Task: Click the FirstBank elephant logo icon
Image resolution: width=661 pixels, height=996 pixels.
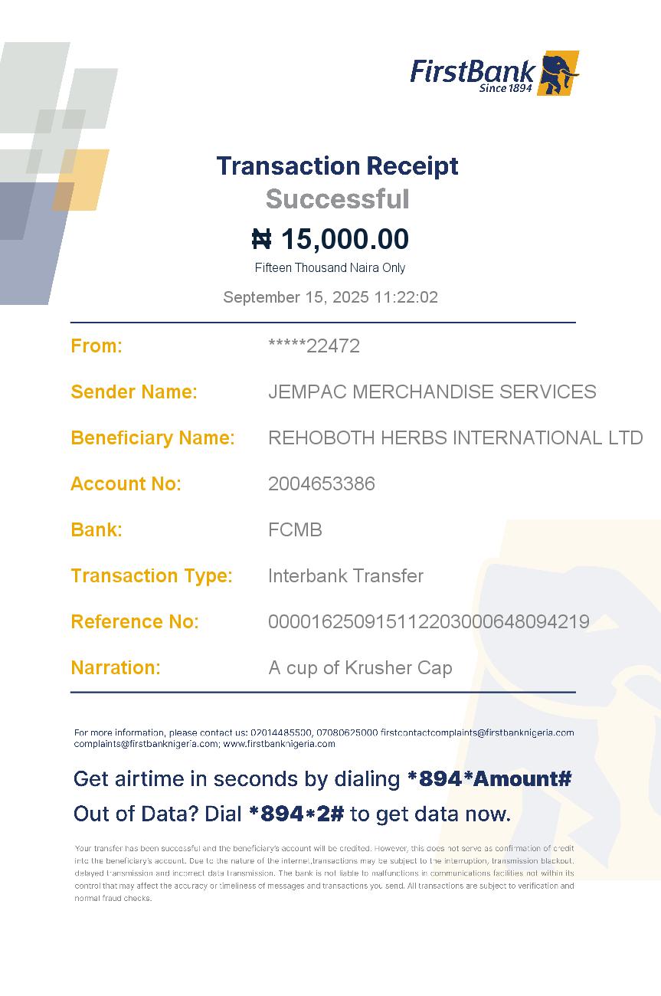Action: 558,74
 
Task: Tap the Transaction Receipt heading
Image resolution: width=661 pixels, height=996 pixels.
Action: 337,165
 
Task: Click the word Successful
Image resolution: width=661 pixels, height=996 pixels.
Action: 337,199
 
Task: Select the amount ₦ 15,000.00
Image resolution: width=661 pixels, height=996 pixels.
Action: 330,239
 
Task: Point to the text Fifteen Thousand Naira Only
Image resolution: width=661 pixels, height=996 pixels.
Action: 330,267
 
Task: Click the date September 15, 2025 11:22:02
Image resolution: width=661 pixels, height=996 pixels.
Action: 330,297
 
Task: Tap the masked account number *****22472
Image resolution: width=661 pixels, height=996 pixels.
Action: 314,346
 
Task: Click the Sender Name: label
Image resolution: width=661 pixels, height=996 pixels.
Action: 134,392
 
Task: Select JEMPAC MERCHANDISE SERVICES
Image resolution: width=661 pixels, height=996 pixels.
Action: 432,392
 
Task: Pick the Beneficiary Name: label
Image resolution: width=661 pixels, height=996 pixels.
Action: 152,437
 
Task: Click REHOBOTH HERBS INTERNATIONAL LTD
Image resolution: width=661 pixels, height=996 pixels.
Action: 455,437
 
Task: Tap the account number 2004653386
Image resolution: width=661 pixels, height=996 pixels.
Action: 322,483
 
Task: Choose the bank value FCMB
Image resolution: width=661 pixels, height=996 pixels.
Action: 295,529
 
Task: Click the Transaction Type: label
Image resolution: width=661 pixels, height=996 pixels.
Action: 152,575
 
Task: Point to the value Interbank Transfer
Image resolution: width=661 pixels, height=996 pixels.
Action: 345,575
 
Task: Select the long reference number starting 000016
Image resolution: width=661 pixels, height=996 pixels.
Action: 429,621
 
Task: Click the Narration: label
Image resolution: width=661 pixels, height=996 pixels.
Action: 116,667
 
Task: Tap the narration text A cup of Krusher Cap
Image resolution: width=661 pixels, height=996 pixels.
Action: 360,667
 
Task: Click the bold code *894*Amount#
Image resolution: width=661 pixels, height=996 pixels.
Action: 489,779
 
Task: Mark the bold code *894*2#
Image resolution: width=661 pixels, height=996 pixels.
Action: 296,814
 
